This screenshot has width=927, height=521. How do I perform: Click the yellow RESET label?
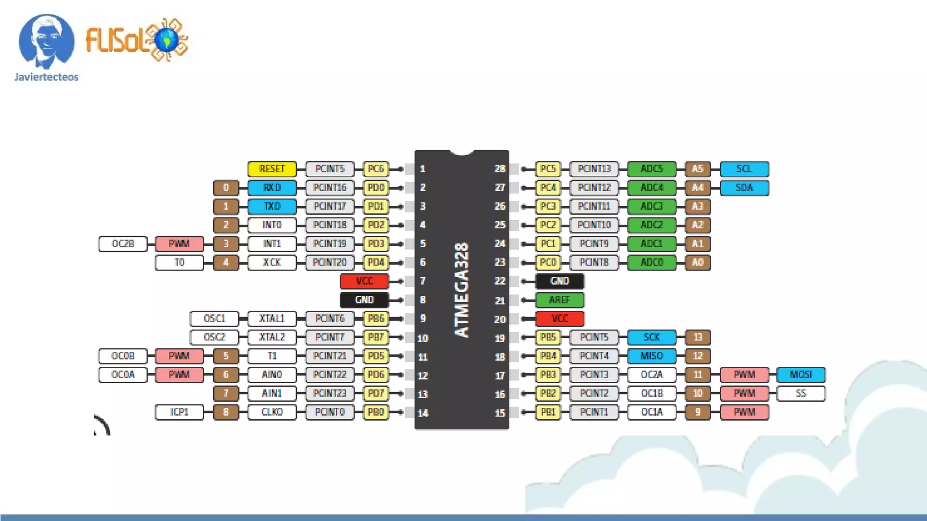pos(272,169)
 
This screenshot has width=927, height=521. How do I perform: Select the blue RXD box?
pos(272,188)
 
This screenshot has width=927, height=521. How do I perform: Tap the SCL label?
pos(744,169)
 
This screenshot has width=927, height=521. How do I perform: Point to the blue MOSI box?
pos(801,375)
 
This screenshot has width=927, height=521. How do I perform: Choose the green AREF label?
pos(559,300)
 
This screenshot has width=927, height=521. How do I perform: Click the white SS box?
pos(801,393)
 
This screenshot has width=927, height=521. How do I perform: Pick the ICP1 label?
pos(179,412)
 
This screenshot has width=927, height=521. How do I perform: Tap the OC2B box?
pos(123,244)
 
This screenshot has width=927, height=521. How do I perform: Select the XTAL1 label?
pos(272,318)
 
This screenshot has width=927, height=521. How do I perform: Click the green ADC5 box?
pos(652,169)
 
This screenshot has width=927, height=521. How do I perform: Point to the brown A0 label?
pos(698,262)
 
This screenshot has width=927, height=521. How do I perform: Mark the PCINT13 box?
pos(594,169)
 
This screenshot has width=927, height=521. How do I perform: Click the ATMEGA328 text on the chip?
pos(461,290)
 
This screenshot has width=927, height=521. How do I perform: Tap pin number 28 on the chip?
pos(500,169)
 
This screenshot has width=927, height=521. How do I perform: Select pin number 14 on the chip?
pos(423,412)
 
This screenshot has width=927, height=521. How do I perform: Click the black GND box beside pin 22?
pos(559,281)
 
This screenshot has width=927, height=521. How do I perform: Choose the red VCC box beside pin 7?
pos(364,281)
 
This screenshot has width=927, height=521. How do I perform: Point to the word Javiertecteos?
pos(46,77)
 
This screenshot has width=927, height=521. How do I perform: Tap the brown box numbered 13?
pos(698,337)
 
